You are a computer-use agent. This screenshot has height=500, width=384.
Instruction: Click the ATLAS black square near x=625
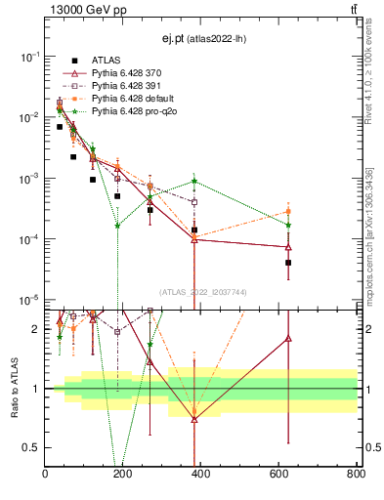[288, 263]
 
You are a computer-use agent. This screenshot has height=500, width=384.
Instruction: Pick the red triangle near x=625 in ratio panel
[288, 338]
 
